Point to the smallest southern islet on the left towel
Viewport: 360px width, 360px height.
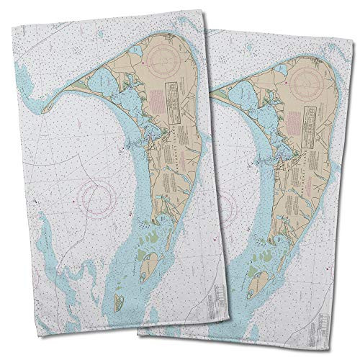118,305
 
